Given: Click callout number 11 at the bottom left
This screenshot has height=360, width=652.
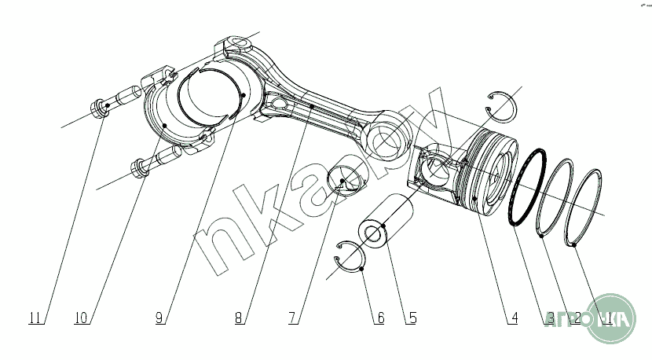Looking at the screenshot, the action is pos(34,318).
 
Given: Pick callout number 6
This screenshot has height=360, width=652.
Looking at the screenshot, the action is pos(380,318).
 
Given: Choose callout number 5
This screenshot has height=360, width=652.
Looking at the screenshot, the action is pos(411,318).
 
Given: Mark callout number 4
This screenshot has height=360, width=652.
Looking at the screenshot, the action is pos(514,318).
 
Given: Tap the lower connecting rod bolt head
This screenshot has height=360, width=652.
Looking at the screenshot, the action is pos(138,167).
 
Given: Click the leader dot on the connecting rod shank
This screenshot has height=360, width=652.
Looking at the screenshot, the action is pos(312,105).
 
